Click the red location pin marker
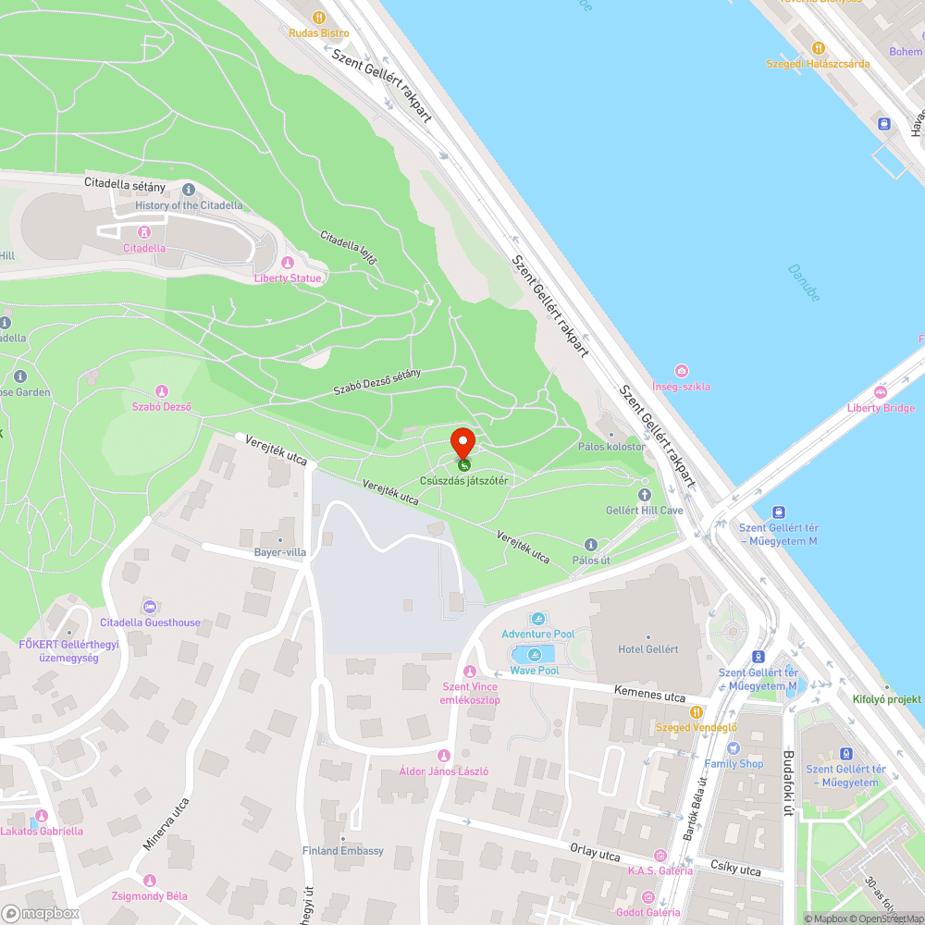click(x=462, y=442)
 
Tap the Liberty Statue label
click(x=289, y=278)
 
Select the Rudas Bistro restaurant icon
click(x=319, y=17)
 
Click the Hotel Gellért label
click(x=647, y=649)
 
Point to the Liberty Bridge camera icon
click(x=880, y=392)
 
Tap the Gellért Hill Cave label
click(x=645, y=511)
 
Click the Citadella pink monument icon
click(x=143, y=232)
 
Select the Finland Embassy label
click(x=342, y=851)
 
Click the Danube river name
click(x=804, y=281)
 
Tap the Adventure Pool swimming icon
click(x=538, y=618)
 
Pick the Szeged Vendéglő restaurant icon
click(x=696, y=711)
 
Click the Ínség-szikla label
click(x=682, y=387)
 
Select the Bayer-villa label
click(x=279, y=552)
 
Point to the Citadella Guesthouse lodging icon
click(x=150, y=607)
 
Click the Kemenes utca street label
click(x=649, y=691)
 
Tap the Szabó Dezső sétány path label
click(x=377, y=383)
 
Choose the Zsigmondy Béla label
click(x=150, y=895)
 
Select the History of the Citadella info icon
click(x=189, y=190)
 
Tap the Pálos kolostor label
click(x=611, y=447)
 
